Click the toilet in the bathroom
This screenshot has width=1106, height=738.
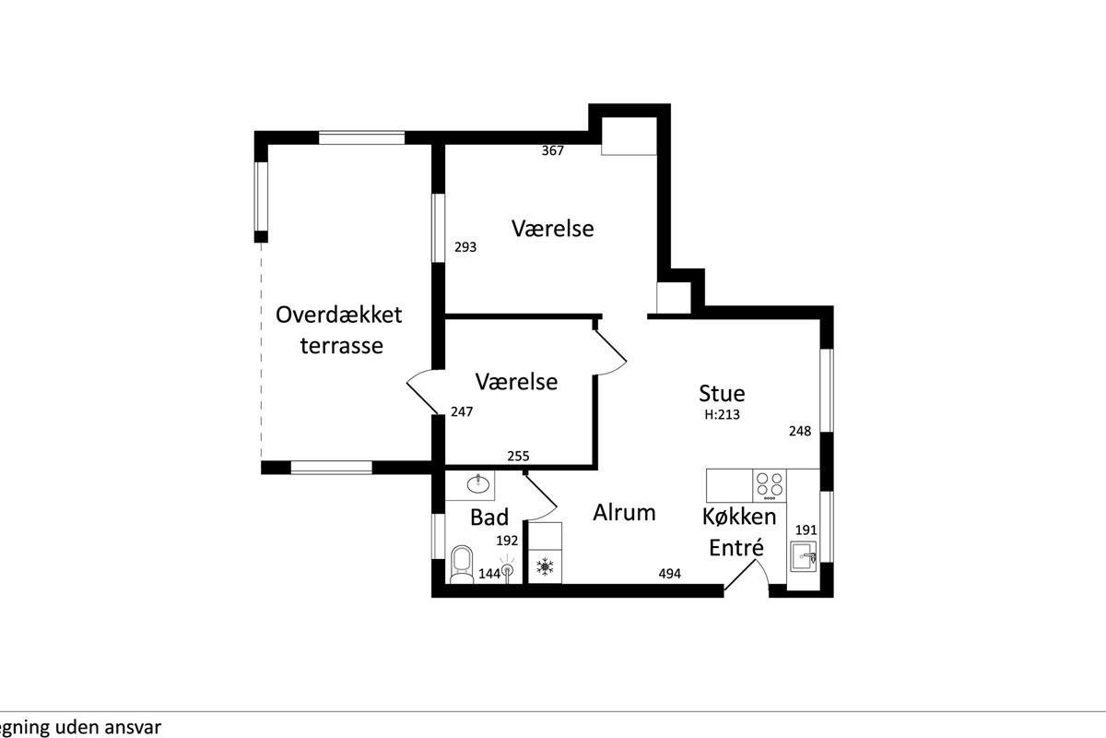pos(462,565)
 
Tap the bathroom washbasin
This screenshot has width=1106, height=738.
pos(478,483)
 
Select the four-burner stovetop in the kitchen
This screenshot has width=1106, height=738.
pos(770,485)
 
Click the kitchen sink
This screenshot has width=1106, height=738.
pos(804,556)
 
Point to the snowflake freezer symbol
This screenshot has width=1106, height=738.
pos(545,567)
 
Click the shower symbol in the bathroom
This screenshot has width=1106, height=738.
pos(507,571)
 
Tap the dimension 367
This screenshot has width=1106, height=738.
pos(552,150)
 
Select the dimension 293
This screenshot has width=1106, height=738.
pos(465,246)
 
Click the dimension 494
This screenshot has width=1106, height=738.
pos(669,574)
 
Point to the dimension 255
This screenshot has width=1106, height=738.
pos(518,456)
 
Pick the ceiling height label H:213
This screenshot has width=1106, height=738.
pos(722,414)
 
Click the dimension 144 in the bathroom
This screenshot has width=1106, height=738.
pos(489,574)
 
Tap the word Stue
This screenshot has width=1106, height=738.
pos(722,394)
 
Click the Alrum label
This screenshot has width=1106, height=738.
pos(624,513)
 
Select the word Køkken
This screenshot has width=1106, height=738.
pos(739,517)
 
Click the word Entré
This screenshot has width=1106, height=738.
pos(736,547)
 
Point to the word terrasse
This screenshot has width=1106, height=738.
pos(342,346)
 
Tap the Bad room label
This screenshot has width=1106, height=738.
pos(488,518)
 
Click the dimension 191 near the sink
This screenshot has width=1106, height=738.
pos(806,530)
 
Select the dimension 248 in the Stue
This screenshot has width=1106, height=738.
pos(800,431)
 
